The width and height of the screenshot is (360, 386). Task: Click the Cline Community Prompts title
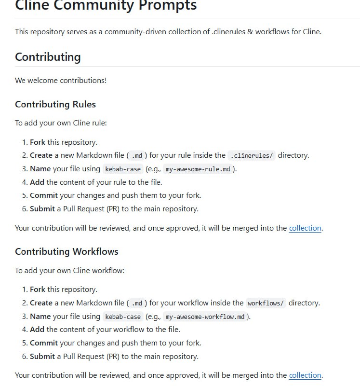pos(106,6)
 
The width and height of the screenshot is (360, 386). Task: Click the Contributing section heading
pos(48,57)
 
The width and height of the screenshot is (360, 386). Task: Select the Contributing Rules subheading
pos(55,104)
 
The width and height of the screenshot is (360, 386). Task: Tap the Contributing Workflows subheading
pos(67,251)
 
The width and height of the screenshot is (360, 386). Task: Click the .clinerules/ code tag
pos(251,155)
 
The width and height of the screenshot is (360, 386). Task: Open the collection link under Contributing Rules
pos(305,228)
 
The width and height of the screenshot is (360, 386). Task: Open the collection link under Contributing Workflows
pos(305,375)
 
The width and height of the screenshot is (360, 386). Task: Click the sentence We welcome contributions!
pos(61,80)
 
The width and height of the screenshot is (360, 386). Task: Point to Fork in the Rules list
pos(38,142)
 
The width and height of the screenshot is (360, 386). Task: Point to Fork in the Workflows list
pos(38,289)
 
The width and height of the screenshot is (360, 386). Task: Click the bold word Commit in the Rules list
pos(44,195)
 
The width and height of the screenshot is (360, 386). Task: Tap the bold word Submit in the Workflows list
pos(42,357)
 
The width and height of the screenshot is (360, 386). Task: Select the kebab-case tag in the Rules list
pos(123,169)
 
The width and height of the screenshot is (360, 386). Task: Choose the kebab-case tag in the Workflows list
pos(123,317)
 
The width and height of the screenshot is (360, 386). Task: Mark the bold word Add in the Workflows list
pos(37,330)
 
